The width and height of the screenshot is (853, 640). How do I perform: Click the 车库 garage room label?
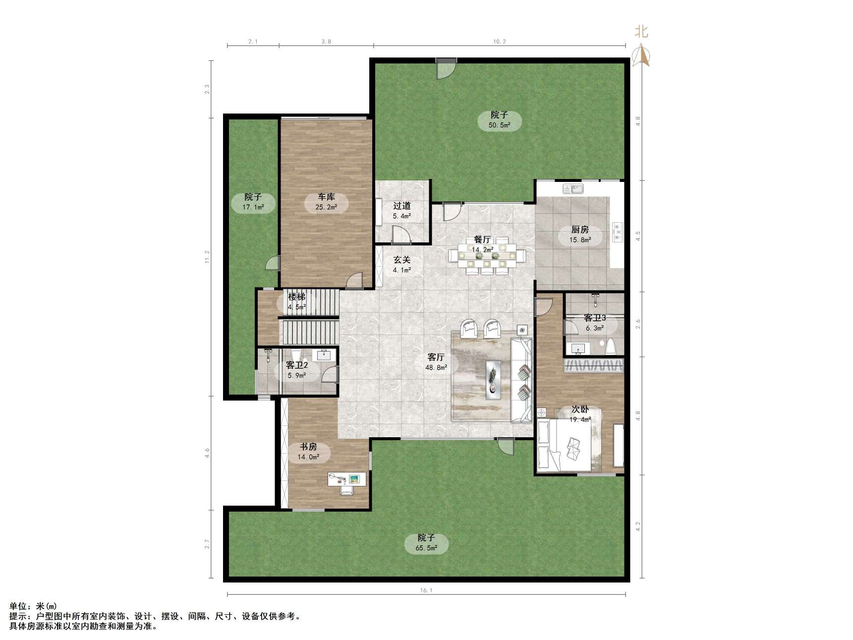(x=326, y=197)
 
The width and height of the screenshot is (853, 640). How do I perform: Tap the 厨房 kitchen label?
(x=580, y=230)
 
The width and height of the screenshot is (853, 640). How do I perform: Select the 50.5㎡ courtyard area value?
(x=499, y=125)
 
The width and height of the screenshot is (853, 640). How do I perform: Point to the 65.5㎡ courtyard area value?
(x=426, y=548)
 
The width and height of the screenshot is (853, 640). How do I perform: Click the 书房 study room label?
(x=308, y=447)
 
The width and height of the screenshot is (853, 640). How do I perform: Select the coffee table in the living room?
(x=493, y=380)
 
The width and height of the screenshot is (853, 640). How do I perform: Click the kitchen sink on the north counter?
(x=573, y=189)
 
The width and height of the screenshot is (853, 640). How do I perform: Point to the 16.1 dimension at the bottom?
(x=426, y=590)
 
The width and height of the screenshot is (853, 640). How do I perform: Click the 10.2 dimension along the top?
(x=500, y=42)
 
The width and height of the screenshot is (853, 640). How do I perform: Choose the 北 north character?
(x=641, y=32)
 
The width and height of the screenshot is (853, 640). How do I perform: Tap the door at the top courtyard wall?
(x=446, y=68)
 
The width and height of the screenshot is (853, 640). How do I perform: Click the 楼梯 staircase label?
(x=297, y=297)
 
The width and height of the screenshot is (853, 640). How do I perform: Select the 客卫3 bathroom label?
(x=595, y=318)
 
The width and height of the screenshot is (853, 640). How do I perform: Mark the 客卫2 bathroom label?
(x=297, y=365)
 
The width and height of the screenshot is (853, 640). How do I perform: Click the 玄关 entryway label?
(x=402, y=260)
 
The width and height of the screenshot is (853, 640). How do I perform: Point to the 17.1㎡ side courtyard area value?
(x=253, y=207)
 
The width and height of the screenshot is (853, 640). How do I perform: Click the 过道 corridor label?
(x=402, y=206)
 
